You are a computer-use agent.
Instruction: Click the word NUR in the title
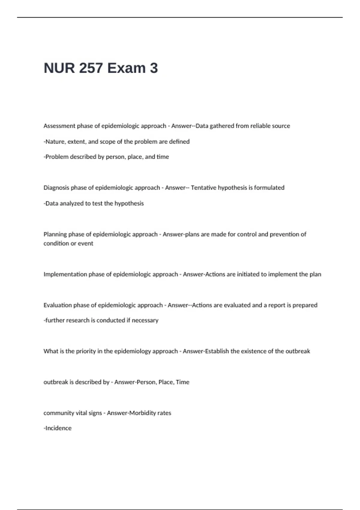(59, 68)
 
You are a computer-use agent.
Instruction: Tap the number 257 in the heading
(91, 68)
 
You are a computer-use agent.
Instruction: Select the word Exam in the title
(126, 68)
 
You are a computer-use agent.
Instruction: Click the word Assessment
(59, 126)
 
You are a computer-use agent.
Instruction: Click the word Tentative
(203, 188)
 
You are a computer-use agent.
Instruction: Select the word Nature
(55, 142)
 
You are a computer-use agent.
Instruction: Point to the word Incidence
(58, 428)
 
